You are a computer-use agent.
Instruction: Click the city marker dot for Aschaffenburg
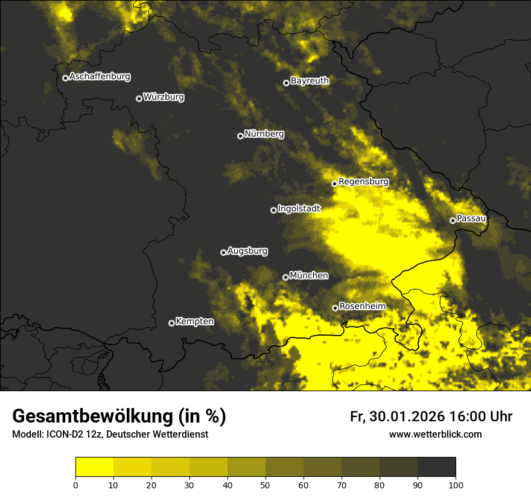65,78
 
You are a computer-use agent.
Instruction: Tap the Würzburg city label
164,97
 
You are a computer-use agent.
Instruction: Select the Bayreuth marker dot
286,83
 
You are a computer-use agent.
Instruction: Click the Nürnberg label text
264,134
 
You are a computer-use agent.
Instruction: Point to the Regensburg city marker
334,183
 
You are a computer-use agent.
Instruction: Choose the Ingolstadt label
299,209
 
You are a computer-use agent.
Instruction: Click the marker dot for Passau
453,220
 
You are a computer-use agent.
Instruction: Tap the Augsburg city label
247,251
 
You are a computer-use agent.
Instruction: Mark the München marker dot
285,277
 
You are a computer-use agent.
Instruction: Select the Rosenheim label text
362,307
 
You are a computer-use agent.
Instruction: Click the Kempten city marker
171,323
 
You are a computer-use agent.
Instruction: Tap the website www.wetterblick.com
436,435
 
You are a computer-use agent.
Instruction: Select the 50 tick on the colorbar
265,484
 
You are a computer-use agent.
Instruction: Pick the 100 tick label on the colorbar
456,484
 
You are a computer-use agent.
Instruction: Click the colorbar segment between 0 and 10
94,467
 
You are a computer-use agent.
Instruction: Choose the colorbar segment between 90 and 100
436,467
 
